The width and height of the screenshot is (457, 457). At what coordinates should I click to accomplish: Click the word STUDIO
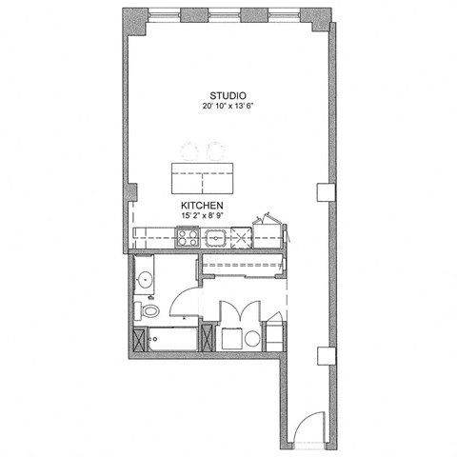click(x=229, y=95)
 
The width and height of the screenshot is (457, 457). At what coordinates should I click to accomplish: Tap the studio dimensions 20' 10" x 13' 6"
click(x=229, y=107)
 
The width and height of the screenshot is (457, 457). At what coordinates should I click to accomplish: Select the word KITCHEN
click(x=202, y=206)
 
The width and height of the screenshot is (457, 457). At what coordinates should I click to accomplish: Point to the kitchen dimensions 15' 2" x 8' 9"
click(x=202, y=217)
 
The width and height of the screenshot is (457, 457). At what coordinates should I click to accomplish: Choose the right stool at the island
click(x=215, y=150)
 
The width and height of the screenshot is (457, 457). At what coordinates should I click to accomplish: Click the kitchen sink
click(x=217, y=238)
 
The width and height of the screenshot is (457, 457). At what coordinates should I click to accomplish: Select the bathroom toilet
click(x=149, y=310)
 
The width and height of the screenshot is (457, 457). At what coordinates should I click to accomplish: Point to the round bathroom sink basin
click(x=144, y=279)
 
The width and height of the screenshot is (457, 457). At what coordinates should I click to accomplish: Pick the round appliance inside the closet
click(x=251, y=339)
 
